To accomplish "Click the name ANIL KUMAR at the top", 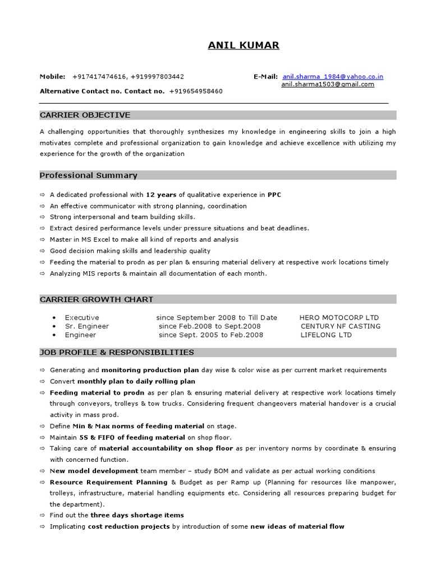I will [243, 45].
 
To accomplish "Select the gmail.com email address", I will [328, 85].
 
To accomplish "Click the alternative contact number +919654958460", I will [195, 91].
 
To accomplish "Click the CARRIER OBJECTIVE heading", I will [85, 115].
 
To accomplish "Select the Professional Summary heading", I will [88, 175].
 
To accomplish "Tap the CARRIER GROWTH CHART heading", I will [96, 299].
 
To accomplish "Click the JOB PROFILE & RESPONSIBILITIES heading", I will [117, 353].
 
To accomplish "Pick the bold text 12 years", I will [161, 195].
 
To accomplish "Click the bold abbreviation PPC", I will [274, 195].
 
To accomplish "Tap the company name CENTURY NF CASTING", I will [340, 326].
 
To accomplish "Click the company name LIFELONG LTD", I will [326, 335].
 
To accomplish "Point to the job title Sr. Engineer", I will [86, 326].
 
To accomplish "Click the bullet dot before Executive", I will [53, 318].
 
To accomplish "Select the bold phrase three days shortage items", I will [137, 515].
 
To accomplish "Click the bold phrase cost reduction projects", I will [129, 526].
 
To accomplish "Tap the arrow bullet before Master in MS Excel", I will [42, 240].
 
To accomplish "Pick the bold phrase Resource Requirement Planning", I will [108, 482].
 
